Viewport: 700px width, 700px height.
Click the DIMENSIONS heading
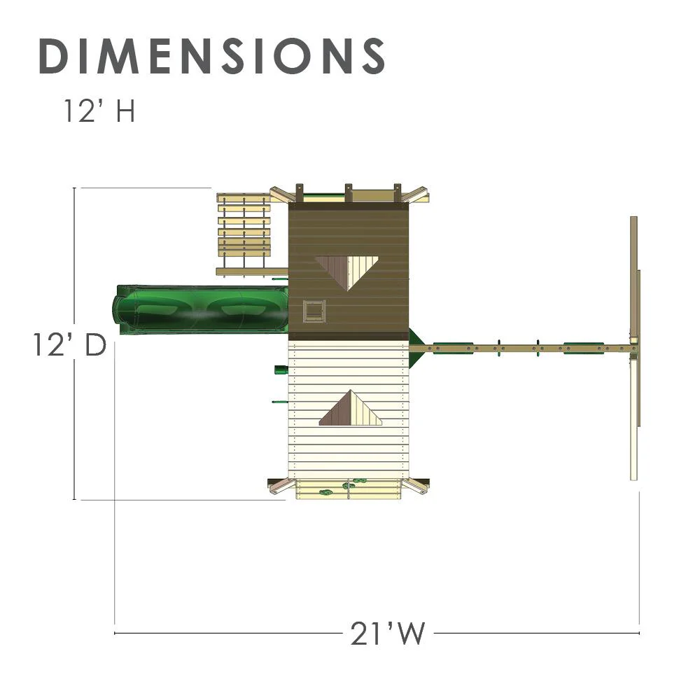point(211,56)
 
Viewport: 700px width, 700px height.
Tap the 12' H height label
point(99,111)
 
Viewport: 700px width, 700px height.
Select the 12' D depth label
point(69,345)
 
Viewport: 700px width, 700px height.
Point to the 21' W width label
point(387,633)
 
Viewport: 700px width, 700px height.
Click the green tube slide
point(200,309)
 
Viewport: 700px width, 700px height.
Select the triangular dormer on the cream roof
point(351,408)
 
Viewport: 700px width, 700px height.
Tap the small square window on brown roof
point(314,311)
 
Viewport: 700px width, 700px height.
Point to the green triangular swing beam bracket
point(415,348)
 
